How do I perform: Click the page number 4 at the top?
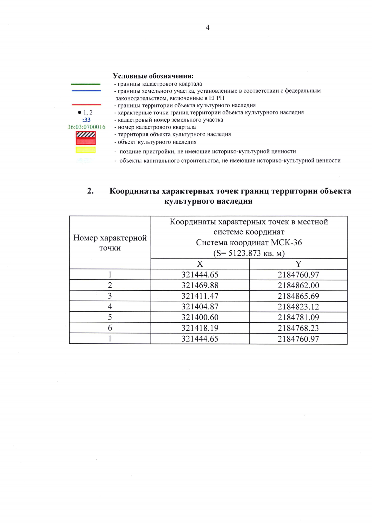[207, 28]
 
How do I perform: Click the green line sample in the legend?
[86, 84]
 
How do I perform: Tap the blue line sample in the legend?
[86, 91]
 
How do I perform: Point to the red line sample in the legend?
[86, 105]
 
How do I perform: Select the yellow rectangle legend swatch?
[86, 150]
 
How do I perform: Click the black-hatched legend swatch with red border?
[86, 135]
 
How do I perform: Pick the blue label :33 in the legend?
[86, 120]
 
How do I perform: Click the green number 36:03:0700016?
[86, 127]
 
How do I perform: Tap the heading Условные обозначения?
[153, 76]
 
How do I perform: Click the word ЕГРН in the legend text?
[216, 98]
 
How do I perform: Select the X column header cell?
[200, 264]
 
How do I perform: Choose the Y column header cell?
[298, 264]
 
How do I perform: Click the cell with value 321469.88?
[200, 285]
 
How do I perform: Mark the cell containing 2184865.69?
[298, 296]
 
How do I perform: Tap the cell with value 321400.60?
[200, 317]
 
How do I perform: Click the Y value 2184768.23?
[298, 328]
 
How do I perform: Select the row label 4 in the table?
[110, 307]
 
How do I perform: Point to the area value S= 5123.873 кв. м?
[249, 253]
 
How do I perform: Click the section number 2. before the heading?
[91, 191]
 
